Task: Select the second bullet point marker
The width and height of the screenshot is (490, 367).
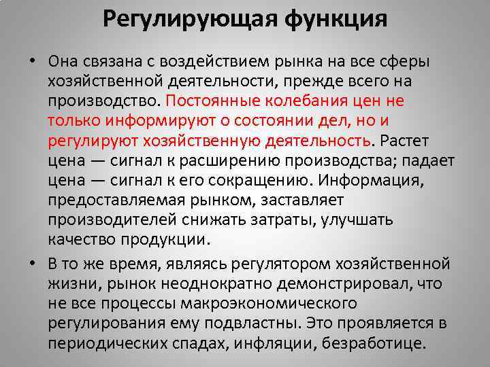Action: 32,262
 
